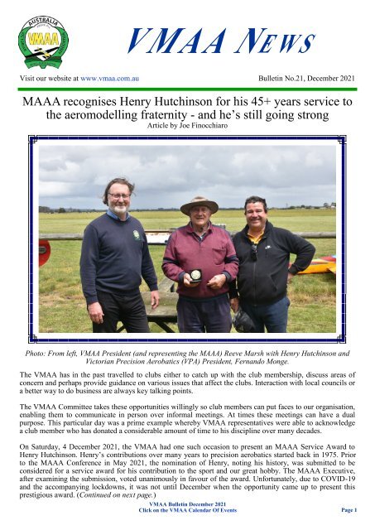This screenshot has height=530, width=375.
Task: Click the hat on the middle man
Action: [x=199, y=205]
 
